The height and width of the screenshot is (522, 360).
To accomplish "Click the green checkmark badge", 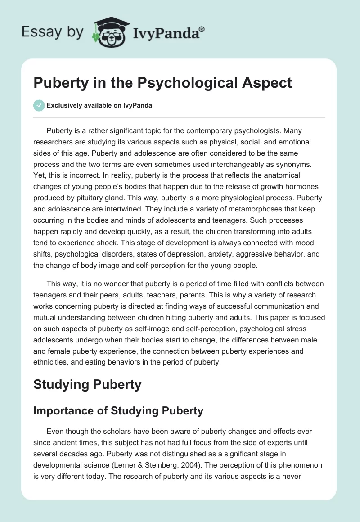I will click(x=39, y=106).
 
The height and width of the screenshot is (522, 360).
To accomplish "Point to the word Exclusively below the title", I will click(x=63, y=106).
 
